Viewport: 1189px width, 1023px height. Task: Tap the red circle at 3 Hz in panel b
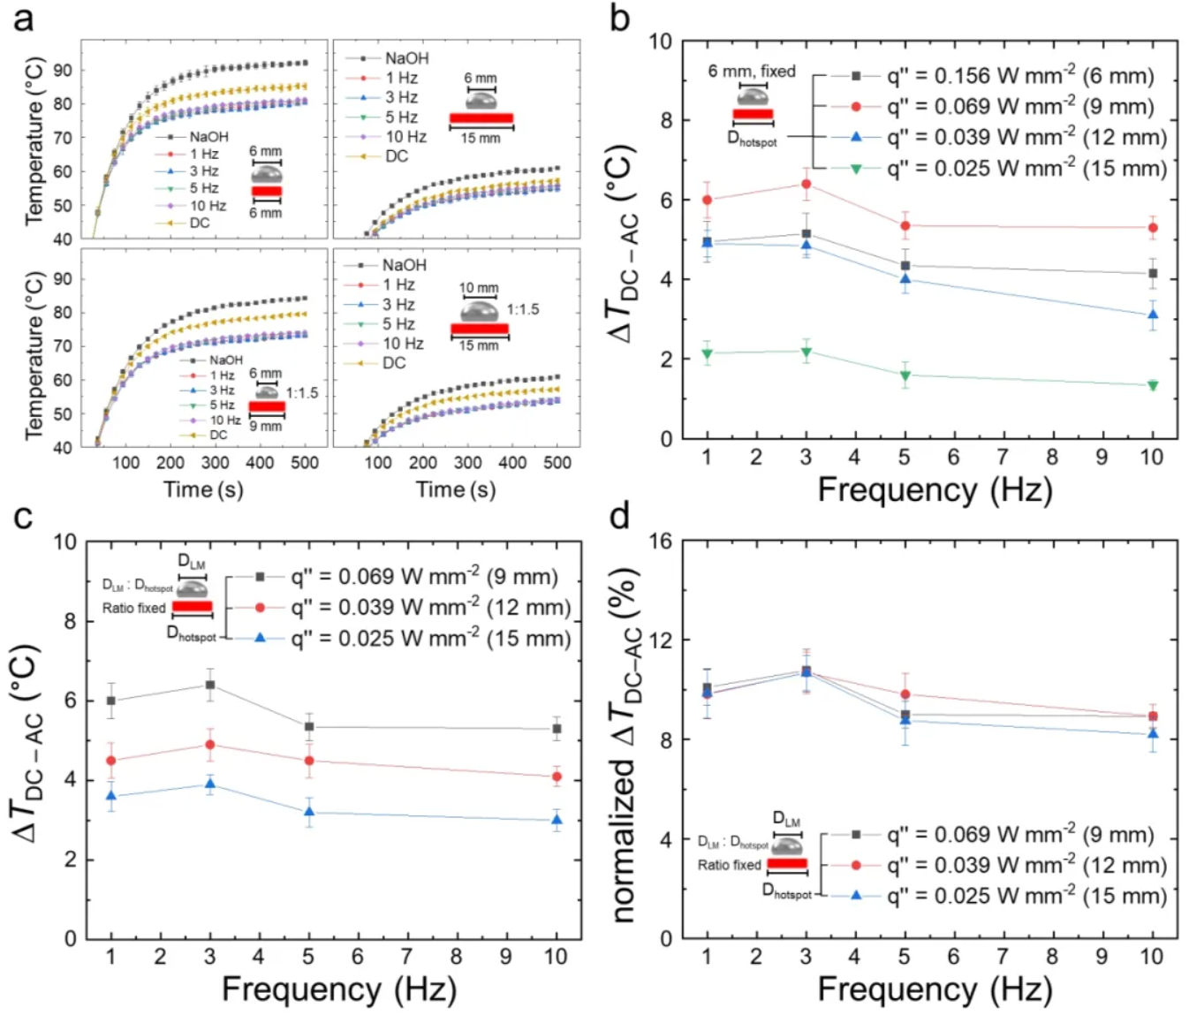point(806,184)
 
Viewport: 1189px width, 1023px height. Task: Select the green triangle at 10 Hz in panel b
point(1153,385)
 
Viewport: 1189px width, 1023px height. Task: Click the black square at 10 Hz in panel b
point(1153,274)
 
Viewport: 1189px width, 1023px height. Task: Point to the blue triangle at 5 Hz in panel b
point(905,279)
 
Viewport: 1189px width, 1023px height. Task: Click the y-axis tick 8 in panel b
point(661,120)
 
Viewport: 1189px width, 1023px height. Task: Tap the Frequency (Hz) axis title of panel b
point(935,489)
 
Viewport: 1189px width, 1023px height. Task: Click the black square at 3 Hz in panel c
point(209,685)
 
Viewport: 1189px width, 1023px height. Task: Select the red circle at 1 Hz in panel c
point(111,761)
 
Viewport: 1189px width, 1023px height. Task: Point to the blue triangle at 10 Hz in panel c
point(557,820)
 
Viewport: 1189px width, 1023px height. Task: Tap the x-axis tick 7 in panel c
point(407,957)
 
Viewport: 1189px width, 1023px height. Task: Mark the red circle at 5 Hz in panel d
point(905,694)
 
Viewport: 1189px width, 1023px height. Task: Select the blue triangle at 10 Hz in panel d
point(1153,734)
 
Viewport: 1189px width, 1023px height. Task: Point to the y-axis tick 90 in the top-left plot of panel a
point(63,70)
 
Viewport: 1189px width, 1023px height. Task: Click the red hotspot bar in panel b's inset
point(753,114)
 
